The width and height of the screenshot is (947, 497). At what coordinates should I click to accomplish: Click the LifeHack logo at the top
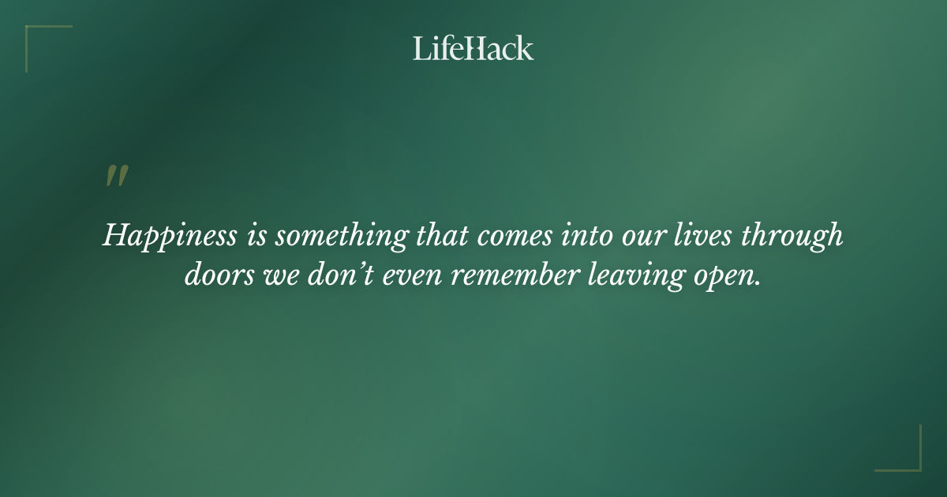coord(473,48)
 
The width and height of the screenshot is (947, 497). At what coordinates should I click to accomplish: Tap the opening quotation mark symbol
coord(117,176)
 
